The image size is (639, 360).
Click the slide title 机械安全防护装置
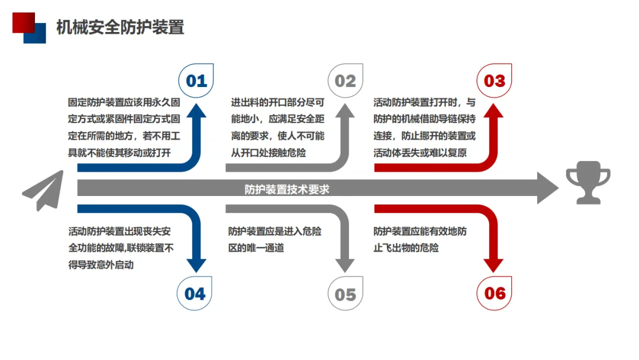120,27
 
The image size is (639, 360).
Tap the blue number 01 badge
196,81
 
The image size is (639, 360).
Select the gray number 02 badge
346,81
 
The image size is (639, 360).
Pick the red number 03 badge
495,81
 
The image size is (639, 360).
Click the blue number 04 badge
195,293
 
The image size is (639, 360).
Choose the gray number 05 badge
346,294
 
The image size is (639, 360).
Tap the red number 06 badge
495,293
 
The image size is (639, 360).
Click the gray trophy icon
588,186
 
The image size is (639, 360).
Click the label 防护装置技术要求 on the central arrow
287,189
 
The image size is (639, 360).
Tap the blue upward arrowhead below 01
196,112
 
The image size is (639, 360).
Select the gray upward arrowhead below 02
346,112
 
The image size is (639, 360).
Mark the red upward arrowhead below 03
495,112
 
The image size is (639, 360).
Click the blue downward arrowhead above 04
196,265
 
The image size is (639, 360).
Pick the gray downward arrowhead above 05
346,265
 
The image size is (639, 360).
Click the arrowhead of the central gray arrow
547,189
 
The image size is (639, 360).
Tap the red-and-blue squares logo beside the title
29,27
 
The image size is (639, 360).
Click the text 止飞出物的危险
406,247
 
